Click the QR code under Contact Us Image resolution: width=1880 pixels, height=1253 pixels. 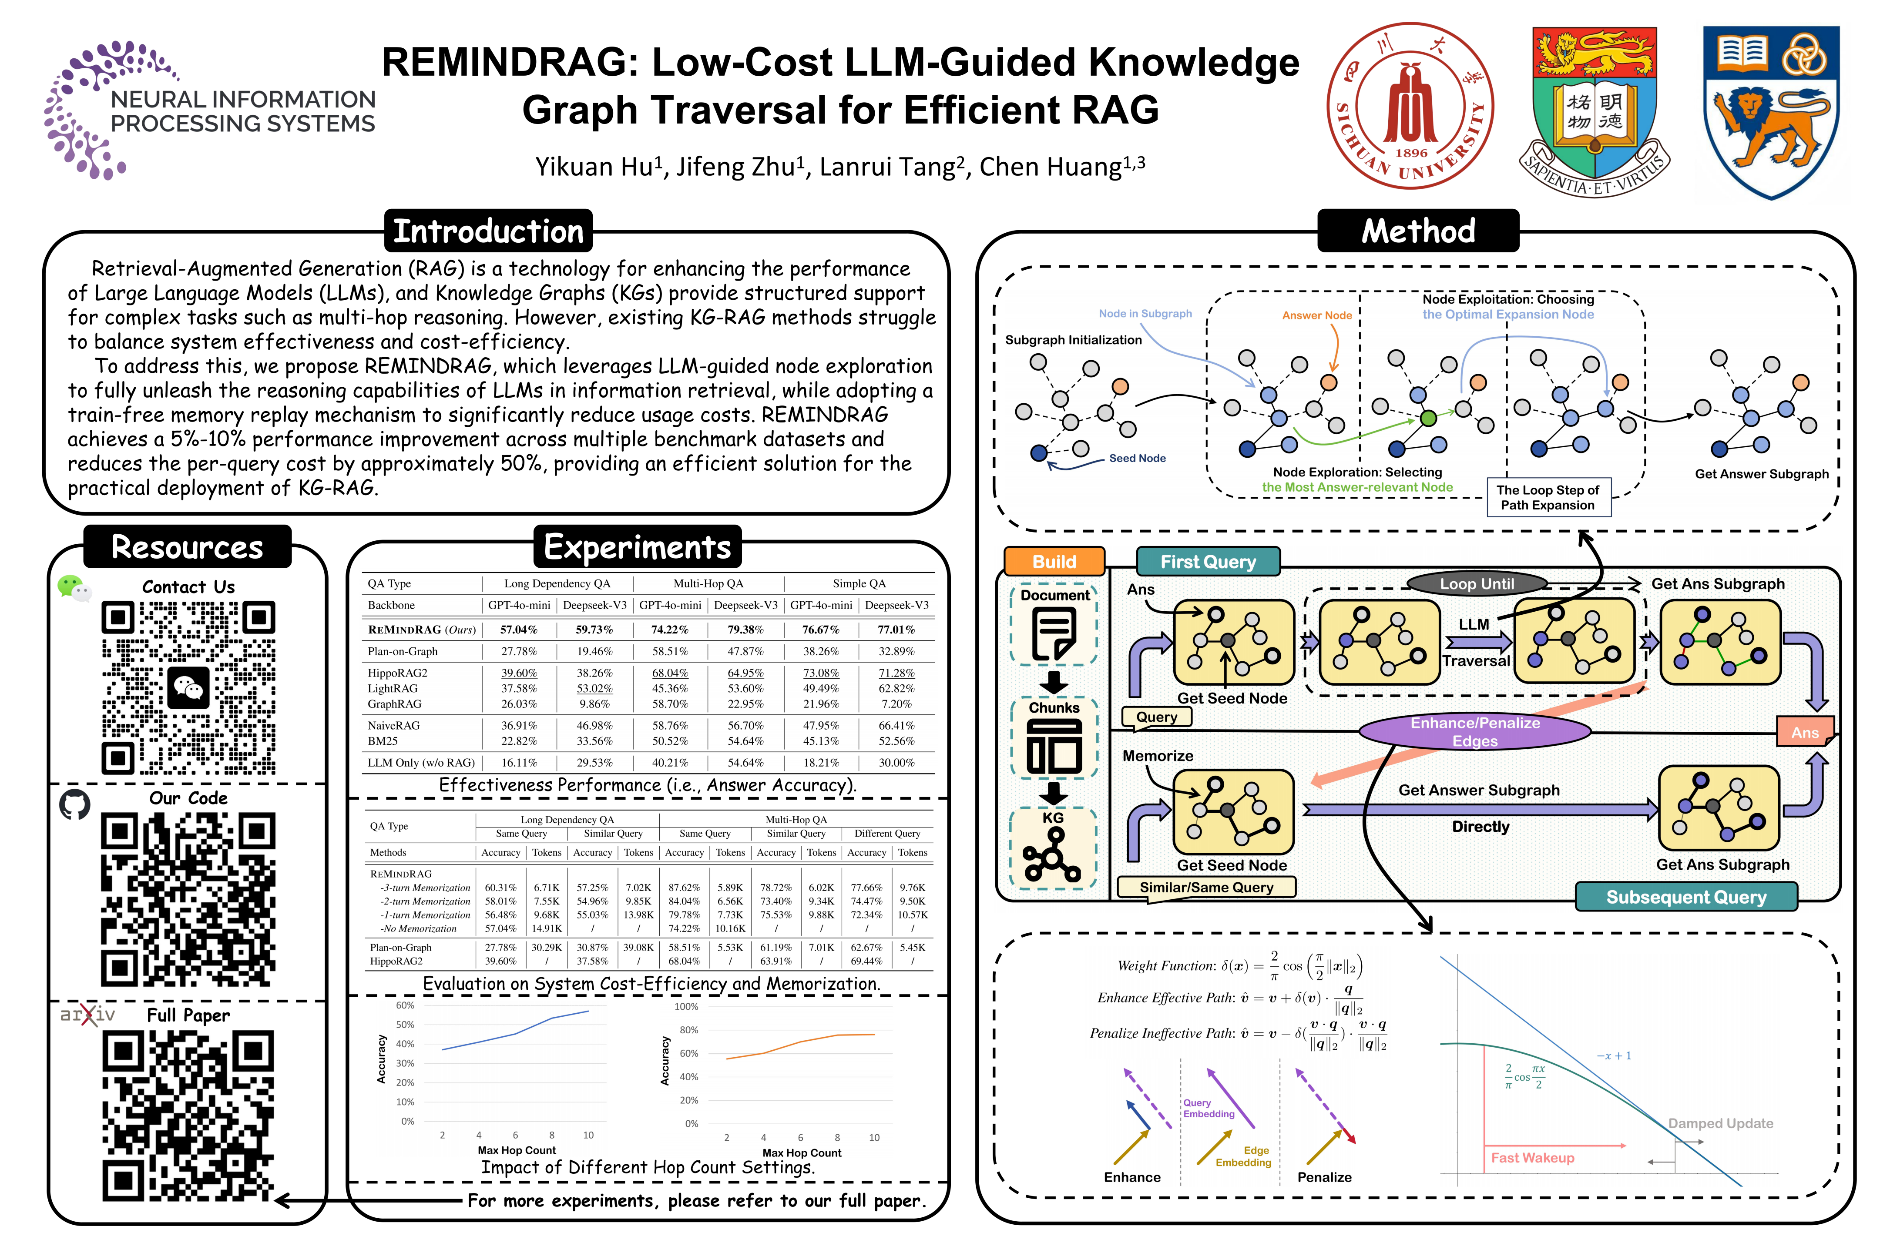[x=188, y=688]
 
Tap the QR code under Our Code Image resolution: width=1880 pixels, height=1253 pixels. [x=188, y=899]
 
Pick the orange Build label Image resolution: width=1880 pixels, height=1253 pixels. [x=1054, y=561]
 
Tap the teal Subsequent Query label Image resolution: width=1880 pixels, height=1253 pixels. [x=1686, y=897]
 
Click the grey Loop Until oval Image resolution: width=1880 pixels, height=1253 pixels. [x=1476, y=583]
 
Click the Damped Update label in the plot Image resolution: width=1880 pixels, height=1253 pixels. [x=1720, y=1123]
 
